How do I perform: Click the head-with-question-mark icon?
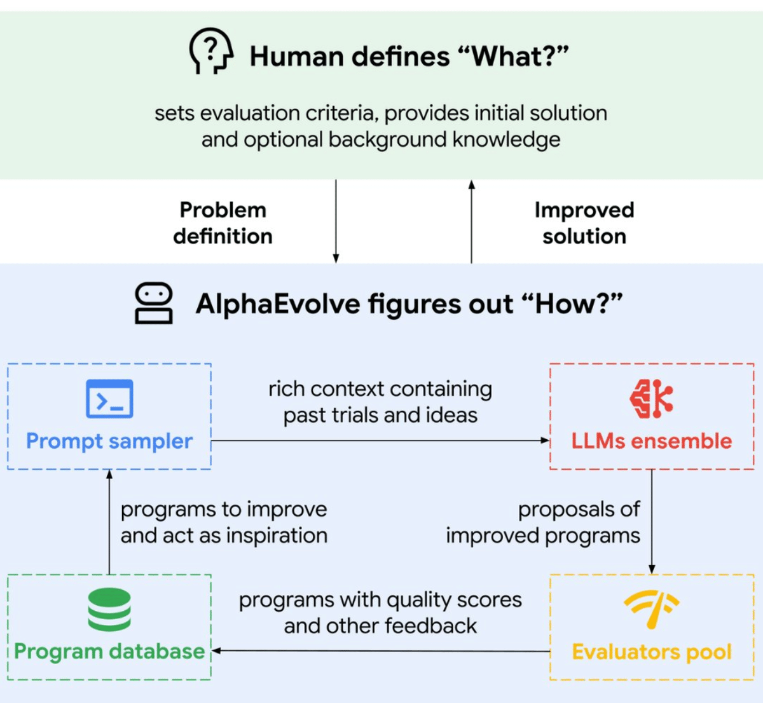[x=210, y=51]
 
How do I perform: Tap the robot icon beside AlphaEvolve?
[x=153, y=303]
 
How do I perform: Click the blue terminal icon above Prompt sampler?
[x=109, y=399]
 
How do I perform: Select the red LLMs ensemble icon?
[x=651, y=399]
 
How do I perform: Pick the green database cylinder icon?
[x=109, y=609]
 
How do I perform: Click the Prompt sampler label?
[x=109, y=441]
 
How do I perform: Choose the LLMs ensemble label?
[x=651, y=441]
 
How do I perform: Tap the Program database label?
[x=109, y=652]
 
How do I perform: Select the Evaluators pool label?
[x=651, y=652]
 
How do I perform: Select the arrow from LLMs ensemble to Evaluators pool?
[x=652, y=521]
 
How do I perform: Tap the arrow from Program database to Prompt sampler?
[x=109, y=521]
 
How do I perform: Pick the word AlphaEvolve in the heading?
[x=277, y=304]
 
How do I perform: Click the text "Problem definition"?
[x=223, y=223]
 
